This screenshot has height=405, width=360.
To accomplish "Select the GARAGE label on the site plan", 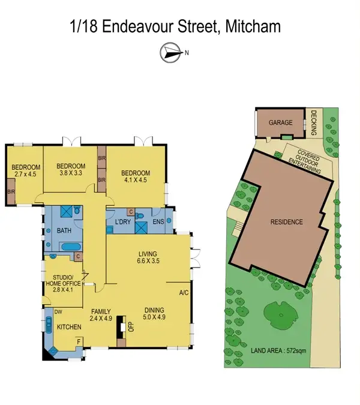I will click(x=280, y=122).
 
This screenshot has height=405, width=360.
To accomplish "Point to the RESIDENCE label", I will click(x=286, y=222).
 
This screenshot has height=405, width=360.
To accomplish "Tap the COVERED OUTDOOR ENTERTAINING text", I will click(x=304, y=161).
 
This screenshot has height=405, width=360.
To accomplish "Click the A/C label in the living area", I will click(x=184, y=293).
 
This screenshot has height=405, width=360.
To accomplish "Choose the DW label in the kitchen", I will click(x=59, y=312).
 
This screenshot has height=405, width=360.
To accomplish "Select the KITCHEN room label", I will click(x=69, y=328).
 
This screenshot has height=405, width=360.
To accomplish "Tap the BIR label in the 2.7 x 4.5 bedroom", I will click(x=11, y=192).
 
